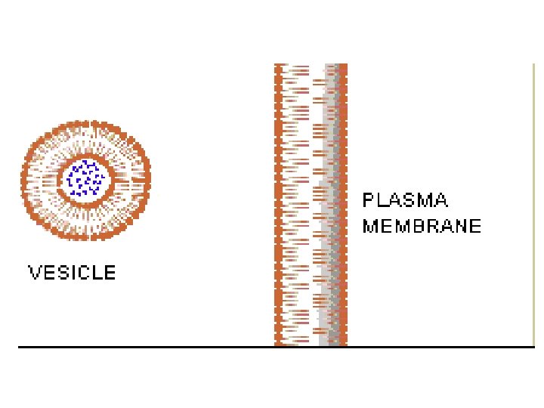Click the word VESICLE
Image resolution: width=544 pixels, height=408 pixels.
[72, 273]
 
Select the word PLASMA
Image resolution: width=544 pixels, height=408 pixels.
[405, 201]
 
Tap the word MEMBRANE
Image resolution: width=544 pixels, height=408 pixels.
[422, 226]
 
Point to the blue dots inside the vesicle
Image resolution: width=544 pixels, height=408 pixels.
[85, 179]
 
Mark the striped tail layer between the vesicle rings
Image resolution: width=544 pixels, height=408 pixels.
[45, 180]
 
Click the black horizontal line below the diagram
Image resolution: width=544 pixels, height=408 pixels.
[151, 347]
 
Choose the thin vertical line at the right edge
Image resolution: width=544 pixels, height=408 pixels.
[534, 204]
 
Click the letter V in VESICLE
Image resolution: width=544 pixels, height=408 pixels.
[34, 273]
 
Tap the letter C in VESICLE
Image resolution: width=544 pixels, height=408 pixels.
[83, 273]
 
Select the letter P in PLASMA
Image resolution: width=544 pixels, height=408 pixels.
[368, 201]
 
